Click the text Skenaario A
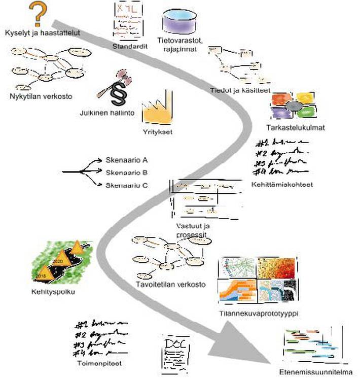[126, 159]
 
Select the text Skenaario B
[126, 172]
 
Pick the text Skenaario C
[126, 185]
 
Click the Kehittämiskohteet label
[281, 185]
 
